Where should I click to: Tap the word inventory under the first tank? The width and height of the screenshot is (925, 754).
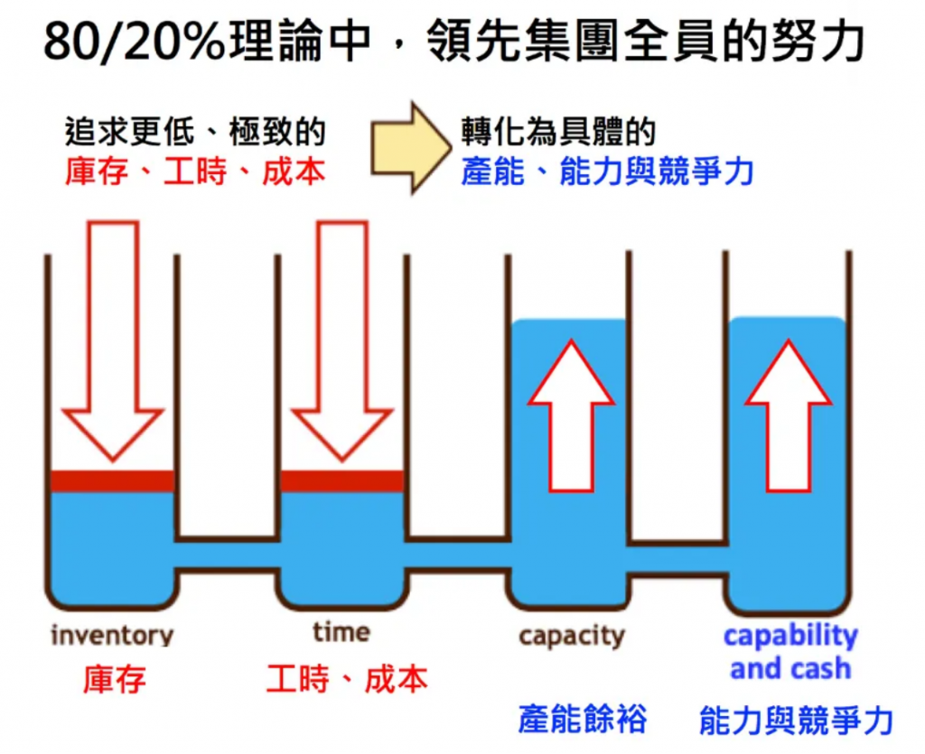112,636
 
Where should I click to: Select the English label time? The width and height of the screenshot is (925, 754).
341,632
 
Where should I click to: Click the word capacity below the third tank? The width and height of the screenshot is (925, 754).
571,637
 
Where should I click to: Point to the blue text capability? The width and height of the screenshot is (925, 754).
790,637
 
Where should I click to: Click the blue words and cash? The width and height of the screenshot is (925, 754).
790,669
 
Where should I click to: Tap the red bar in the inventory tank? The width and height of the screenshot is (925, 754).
112,481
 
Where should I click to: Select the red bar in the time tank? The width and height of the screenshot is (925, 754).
342,481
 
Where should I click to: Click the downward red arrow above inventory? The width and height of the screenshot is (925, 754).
113,340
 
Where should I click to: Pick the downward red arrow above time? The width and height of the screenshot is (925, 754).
342,340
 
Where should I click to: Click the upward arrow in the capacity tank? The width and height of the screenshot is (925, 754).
571,415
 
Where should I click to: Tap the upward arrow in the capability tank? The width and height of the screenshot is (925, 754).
789,415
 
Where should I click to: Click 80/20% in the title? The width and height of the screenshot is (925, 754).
135,42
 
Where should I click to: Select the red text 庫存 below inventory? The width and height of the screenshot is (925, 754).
115,679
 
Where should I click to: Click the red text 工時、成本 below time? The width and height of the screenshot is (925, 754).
347,679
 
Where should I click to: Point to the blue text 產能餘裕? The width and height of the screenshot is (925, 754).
583,719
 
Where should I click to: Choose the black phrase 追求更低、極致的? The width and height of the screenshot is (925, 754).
195,132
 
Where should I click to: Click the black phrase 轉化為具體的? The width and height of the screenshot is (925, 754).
558,132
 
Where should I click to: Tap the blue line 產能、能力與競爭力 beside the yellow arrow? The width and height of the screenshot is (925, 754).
607,172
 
